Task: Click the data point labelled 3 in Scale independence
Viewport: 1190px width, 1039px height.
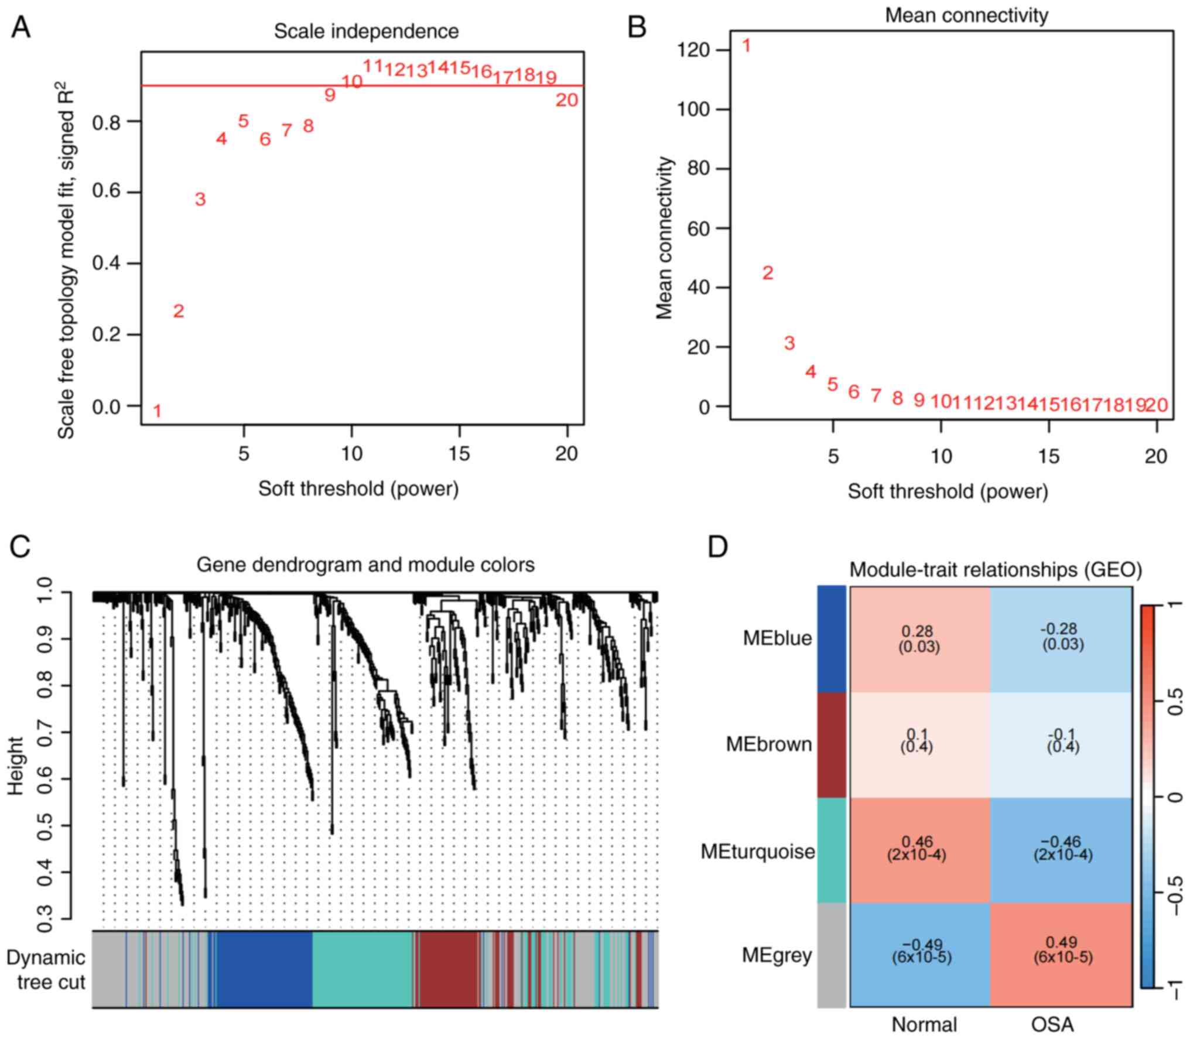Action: [200, 200]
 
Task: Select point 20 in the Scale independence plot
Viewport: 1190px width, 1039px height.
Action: [566, 101]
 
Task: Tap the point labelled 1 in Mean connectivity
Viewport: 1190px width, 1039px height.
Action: [746, 46]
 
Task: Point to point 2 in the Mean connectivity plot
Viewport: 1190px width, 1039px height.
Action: [767, 273]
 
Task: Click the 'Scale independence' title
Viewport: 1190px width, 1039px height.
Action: [366, 31]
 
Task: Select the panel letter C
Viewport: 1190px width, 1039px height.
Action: [20, 548]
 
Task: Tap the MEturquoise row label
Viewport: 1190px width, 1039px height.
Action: [758, 852]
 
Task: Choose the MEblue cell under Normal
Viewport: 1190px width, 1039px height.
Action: [919, 639]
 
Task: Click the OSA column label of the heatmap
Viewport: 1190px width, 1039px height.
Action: [1052, 1024]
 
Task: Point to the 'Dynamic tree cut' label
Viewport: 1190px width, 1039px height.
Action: [46, 969]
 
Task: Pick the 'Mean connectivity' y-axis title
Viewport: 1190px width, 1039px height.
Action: [665, 238]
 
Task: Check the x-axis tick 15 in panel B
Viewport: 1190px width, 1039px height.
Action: [1049, 456]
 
